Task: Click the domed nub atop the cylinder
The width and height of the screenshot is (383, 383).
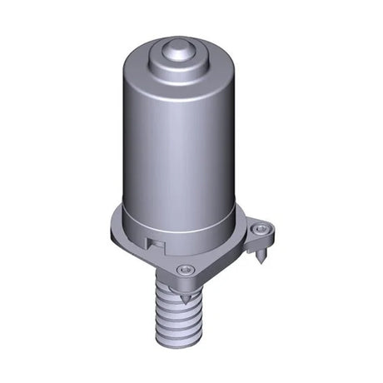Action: (x=177, y=50)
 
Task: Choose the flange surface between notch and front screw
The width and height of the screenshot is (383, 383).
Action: (x=167, y=258)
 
